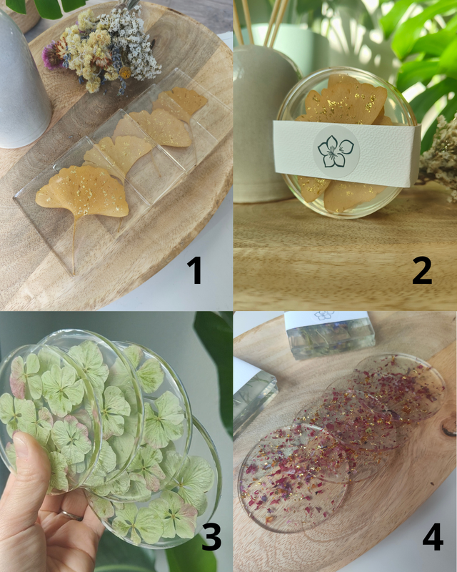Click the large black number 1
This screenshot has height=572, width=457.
(x=196, y=270)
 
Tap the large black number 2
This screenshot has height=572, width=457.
(x=422, y=270)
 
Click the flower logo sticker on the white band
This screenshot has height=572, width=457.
(x=336, y=152)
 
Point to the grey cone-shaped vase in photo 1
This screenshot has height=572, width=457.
(x=22, y=80)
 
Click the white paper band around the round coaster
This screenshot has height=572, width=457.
(x=346, y=153)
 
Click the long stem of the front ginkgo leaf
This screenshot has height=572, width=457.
(x=74, y=245)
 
